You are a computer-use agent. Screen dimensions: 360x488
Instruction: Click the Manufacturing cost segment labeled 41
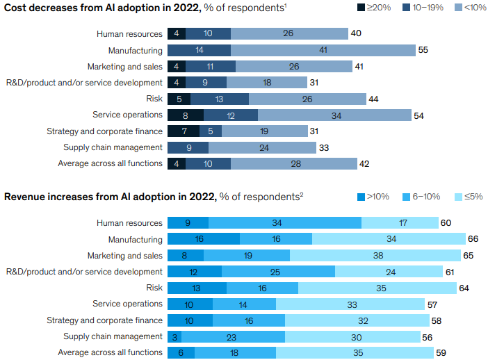323,50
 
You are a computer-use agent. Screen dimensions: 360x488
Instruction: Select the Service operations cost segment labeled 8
185,115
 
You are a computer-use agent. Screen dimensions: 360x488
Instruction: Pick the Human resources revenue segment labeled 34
285,223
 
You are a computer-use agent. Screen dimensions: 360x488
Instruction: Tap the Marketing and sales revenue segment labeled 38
375,255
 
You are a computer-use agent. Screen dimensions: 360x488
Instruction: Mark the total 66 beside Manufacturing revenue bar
473,239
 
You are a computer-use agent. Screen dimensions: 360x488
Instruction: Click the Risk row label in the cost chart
154,99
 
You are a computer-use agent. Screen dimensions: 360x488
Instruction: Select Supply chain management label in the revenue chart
113,336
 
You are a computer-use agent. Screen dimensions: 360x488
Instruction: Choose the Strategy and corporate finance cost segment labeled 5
211,131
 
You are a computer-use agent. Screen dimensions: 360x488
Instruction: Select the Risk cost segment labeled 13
220,99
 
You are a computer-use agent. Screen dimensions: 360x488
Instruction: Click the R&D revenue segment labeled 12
195,271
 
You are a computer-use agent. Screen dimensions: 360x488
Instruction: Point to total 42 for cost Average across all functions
364,163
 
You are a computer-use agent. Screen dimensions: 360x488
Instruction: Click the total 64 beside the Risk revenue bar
464,288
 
